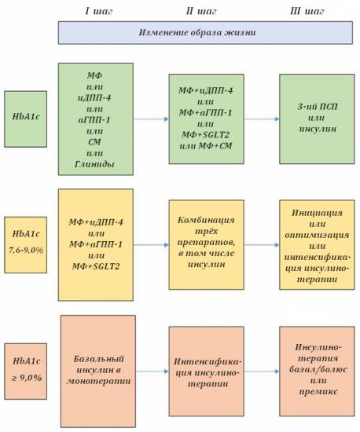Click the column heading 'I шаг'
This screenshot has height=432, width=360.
[x=99, y=11]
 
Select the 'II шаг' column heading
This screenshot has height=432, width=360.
[x=201, y=11]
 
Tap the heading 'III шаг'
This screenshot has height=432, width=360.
[x=307, y=11]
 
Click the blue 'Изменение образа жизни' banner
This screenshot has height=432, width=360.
[x=205, y=32]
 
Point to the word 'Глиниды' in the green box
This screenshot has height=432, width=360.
[x=94, y=164]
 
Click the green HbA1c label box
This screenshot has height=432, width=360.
[x=26, y=119]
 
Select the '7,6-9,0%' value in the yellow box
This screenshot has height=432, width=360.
[x=26, y=250]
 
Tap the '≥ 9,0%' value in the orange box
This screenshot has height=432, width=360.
[x=27, y=378]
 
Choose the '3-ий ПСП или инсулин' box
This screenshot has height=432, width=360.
[x=317, y=119]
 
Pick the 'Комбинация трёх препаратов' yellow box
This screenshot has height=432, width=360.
[x=206, y=244]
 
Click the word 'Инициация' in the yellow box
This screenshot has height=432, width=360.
[x=317, y=213]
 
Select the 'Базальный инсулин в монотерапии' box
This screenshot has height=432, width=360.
[x=98, y=371]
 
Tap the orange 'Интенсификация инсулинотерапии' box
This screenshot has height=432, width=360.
[x=206, y=372]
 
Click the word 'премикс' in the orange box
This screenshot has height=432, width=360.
[x=318, y=391]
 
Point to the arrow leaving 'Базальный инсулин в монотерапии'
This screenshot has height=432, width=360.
[x=152, y=372]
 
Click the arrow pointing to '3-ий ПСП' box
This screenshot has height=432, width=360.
[x=262, y=119]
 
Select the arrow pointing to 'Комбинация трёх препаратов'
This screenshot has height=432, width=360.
[x=151, y=244]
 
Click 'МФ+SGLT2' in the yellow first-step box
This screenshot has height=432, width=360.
[x=96, y=266]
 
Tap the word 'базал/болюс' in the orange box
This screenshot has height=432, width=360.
[x=318, y=369]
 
